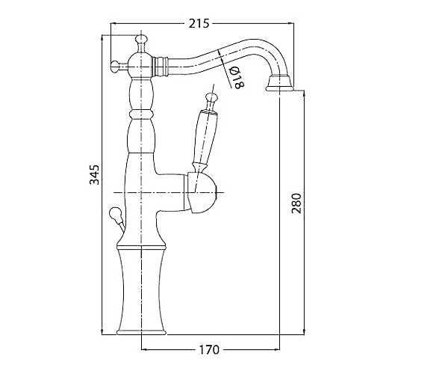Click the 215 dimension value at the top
point(199,23)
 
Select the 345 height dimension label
point(94,174)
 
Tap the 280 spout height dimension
point(296,203)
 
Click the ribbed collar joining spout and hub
point(160,67)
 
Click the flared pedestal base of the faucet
point(141,290)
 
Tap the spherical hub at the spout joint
point(140,67)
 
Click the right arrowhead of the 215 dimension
point(291,23)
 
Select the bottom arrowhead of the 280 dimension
point(304,331)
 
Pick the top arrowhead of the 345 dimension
point(102,38)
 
